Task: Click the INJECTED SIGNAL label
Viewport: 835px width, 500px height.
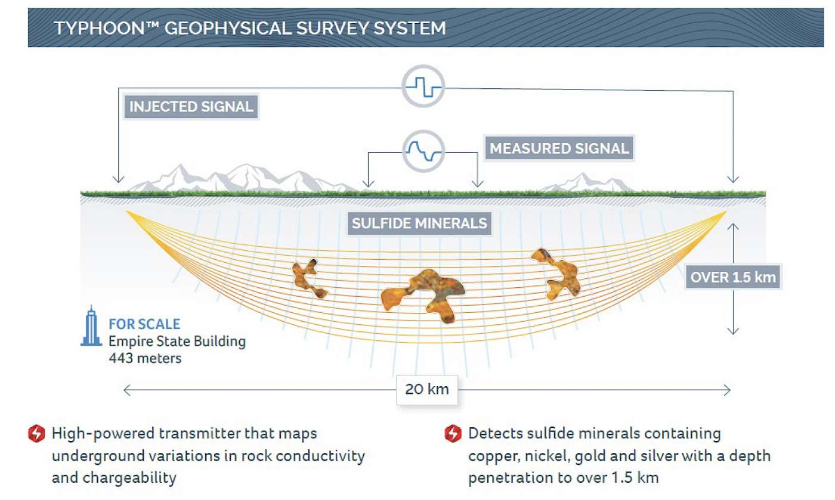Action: (191, 107)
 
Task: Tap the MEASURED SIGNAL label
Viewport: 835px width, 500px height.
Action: (559, 148)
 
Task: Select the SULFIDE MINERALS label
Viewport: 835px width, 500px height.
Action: (419, 223)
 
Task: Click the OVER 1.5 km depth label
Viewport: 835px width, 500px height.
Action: (733, 277)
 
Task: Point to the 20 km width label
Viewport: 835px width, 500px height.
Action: (427, 389)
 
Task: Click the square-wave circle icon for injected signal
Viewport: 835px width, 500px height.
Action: (423, 86)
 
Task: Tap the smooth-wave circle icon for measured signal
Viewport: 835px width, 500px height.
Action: (423, 151)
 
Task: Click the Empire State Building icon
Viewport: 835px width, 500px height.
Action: (91, 326)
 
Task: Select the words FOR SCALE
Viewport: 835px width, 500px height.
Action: (144, 324)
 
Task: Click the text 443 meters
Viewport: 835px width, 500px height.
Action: (145, 358)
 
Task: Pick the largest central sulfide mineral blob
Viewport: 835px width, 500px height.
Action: (423, 296)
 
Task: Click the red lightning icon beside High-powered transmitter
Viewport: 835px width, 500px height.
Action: (36, 433)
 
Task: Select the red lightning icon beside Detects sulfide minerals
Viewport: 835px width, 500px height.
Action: (453, 433)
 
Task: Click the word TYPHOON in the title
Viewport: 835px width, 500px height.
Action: (99, 29)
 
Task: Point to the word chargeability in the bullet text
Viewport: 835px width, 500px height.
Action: (129, 478)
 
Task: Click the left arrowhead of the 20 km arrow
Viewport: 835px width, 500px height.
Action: (126, 390)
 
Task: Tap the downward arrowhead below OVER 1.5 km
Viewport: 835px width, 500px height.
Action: (733, 331)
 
